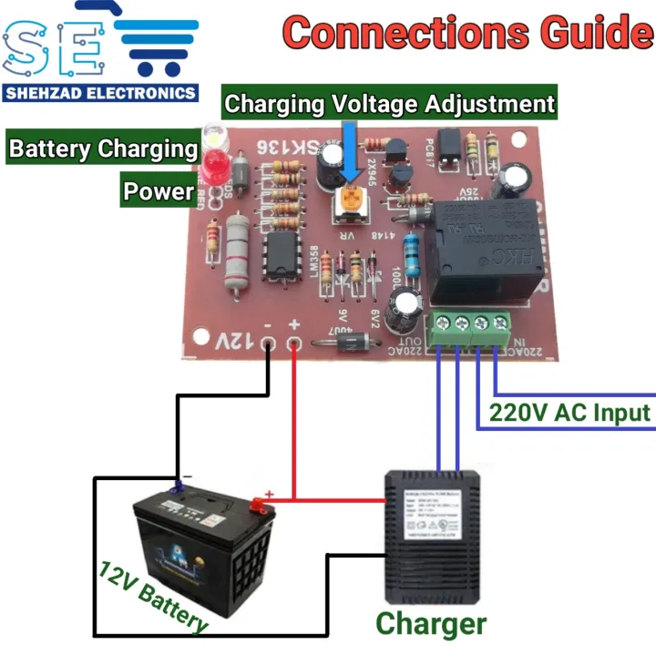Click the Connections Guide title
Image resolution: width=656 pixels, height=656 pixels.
(x=467, y=35)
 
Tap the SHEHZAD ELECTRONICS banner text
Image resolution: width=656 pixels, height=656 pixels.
(x=100, y=92)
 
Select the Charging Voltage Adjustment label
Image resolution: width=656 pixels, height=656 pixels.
(x=389, y=103)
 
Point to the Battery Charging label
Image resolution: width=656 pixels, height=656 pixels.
(x=103, y=148)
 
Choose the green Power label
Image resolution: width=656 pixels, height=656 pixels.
(x=159, y=190)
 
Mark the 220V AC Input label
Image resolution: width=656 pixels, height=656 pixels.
(x=570, y=413)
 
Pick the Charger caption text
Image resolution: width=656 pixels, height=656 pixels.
(x=431, y=624)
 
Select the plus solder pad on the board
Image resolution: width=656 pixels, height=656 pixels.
(x=294, y=344)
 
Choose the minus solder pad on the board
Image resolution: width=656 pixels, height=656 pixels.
(x=270, y=344)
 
